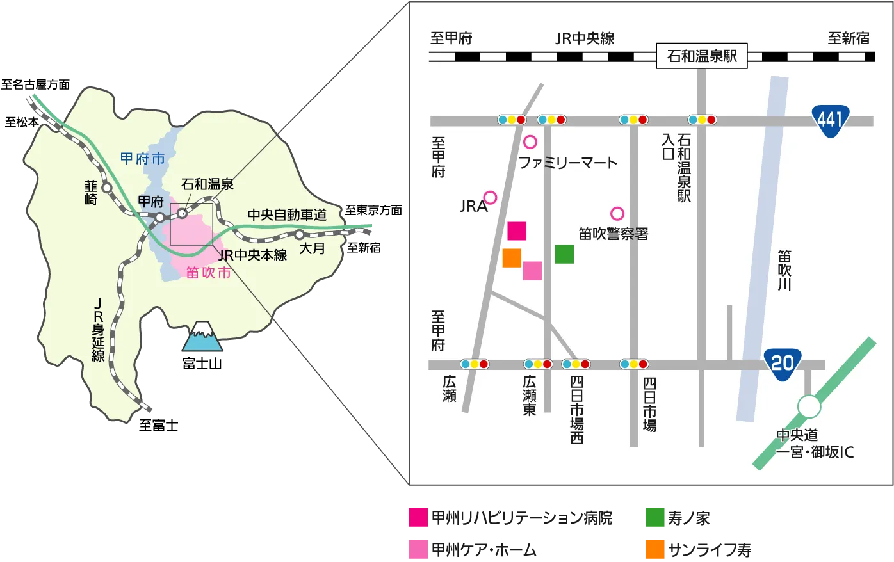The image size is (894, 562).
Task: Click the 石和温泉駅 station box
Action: pyautogui.click(x=702, y=56)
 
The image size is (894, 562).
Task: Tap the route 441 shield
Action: pyautogui.click(x=830, y=118)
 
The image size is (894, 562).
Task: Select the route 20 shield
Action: pyautogui.click(x=782, y=364)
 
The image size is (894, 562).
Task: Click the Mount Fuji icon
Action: pyautogui.click(x=203, y=337)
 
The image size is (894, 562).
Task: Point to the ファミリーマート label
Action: pyautogui.click(x=567, y=163)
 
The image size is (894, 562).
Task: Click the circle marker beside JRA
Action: pyautogui.click(x=490, y=197)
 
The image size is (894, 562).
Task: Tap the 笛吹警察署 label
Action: pyautogui.click(x=613, y=234)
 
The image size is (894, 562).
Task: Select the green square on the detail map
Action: pyautogui.click(x=564, y=254)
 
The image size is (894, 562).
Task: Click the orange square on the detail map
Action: pyautogui.click(x=512, y=257)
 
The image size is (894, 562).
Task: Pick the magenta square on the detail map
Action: pyautogui.click(x=517, y=231)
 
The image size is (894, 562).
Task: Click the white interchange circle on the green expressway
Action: pyautogui.click(x=809, y=407)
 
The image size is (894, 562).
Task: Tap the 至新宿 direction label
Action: pyautogui.click(x=849, y=38)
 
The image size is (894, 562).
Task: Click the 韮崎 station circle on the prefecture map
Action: pyautogui.click(x=107, y=188)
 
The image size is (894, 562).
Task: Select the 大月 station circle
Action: pyautogui.click(x=299, y=234)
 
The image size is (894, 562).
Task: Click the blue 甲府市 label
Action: pyautogui.click(x=142, y=159)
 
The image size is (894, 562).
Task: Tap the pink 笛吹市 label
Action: pyautogui.click(x=208, y=273)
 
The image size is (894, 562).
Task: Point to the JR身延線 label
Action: pyautogui.click(x=97, y=330)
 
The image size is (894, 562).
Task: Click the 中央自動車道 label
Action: pyautogui.click(x=287, y=215)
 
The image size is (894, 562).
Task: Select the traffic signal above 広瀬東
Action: pyautogui.click(x=538, y=364)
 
